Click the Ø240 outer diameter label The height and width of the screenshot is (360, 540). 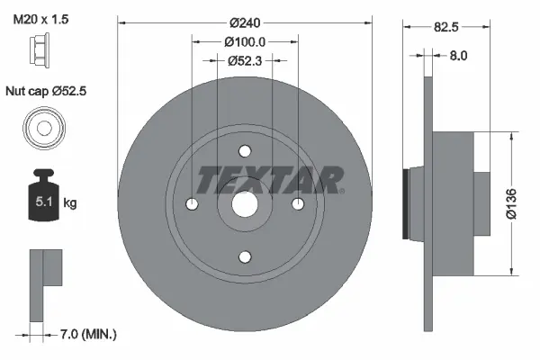coord(245,22)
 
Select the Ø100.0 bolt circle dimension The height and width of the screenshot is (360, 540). coord(245,41)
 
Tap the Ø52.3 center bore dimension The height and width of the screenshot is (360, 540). coord(245,60)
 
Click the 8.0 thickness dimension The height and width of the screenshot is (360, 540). coord(458,56)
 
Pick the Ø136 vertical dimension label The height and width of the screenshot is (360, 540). coord(512,203)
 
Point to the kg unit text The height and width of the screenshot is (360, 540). coord(69,203)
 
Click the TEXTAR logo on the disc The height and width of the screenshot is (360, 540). coord(270,181)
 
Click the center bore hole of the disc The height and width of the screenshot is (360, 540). coord(245,204)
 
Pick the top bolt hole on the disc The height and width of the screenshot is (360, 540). coord(245,152)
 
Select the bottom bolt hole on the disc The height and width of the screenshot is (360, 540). coord(245,256)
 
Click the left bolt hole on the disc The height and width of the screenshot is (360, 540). coord(193,204)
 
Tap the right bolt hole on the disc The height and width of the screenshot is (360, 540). coord(297,204)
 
